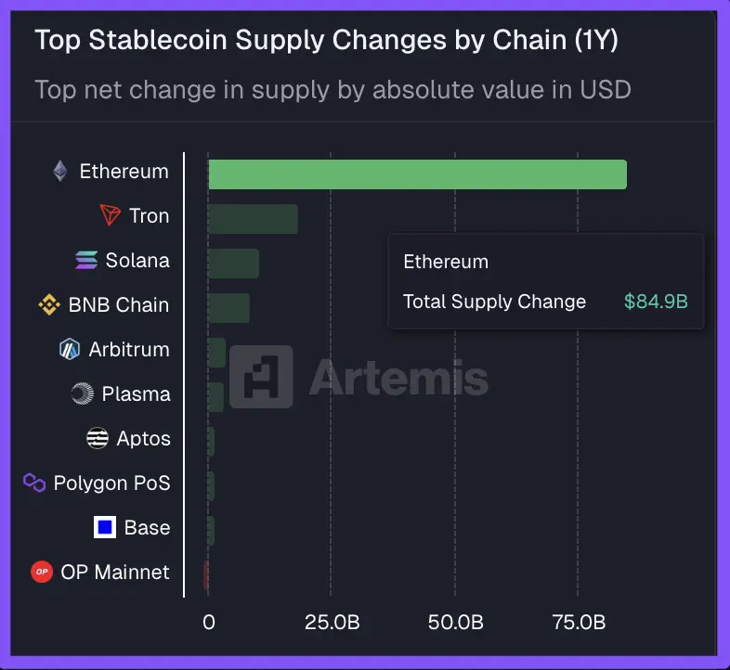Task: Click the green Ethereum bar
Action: pos(417,174)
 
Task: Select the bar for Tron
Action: pos(253,219)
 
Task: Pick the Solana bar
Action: pos(233,264)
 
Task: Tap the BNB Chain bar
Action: pos(228,308)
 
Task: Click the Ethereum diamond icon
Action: pos(60,172)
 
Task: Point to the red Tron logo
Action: pos(111,216)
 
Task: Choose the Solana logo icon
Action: pos(86,261)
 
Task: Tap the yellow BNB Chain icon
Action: pos(48,305)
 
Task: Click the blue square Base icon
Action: pos(105,528)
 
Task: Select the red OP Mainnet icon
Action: pos(41,573)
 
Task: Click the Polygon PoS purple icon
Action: pos(34,483)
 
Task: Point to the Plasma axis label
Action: pos(136,394)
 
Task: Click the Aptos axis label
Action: pos(144,439)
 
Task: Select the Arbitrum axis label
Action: pos(129,350)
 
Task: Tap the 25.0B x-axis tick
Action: pos(332,623)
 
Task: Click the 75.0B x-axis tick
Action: pos(578,623)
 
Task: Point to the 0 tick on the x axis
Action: pos(209,623)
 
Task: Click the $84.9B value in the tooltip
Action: pos(656,302)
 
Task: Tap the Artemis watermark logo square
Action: pos(261,377)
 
